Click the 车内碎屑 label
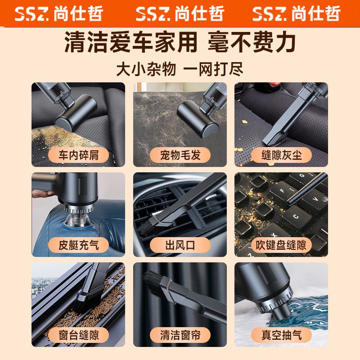pos(78,155)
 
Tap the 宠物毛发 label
pos(180,155)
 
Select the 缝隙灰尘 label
pos(282,155)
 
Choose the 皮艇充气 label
pos(78,245)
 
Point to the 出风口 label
pos(180,245)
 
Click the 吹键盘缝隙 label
pos(282,245)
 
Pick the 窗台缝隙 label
pos(78,335)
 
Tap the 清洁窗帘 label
pos(180,335)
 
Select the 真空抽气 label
pos(282,335)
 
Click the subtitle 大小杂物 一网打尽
pos(180,70)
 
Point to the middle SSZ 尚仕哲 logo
pos(180,13)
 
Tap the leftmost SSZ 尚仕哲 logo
pos(59,13)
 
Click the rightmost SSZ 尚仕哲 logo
pos(297,13)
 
